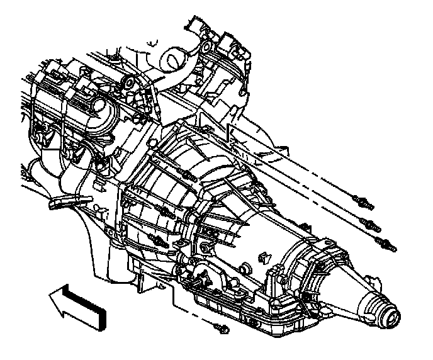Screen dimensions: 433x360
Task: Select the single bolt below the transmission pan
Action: tap(220, 327)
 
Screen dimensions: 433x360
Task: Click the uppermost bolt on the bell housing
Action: tap(186, 174)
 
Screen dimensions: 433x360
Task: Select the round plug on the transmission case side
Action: tap(264, 256)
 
